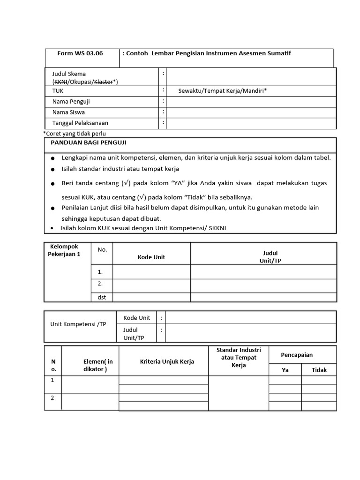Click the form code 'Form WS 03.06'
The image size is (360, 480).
point(80,53)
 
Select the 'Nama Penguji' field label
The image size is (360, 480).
point(71,102)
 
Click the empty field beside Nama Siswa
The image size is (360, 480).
point(251,112)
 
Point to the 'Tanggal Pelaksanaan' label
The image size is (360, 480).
point(80,123)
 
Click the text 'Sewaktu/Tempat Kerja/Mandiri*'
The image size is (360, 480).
point(223,91)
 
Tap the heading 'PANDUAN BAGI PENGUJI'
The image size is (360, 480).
point(89,143)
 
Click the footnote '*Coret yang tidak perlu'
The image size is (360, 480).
point(75,134)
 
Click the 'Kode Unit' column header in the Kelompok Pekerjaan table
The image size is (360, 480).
point(151,257)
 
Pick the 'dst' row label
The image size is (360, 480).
point(102,297)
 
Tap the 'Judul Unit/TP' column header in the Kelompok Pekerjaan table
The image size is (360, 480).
point(270,257)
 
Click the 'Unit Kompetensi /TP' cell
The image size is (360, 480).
point(78,324)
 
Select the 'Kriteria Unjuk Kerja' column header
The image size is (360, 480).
point(167,361)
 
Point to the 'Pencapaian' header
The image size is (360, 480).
point(297,355)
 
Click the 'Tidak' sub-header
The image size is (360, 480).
point(319,370)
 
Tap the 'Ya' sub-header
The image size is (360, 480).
point(285,370)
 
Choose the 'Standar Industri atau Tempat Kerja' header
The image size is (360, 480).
point(239,357)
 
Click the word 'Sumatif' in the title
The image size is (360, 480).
point(279,53)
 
